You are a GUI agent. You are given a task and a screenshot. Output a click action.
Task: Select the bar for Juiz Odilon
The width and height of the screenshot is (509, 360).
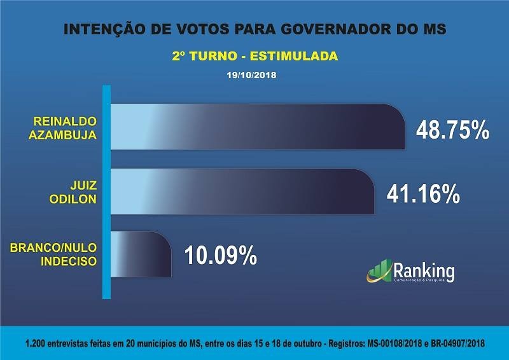(x=242, y=191)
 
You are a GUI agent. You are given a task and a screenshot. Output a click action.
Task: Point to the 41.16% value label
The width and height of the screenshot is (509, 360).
(x=423, y=193)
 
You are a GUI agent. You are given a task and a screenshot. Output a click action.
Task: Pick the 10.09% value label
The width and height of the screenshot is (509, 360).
(x=221, y=254)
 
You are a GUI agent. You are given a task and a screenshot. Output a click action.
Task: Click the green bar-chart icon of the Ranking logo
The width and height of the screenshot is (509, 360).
(x=380, y=270)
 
